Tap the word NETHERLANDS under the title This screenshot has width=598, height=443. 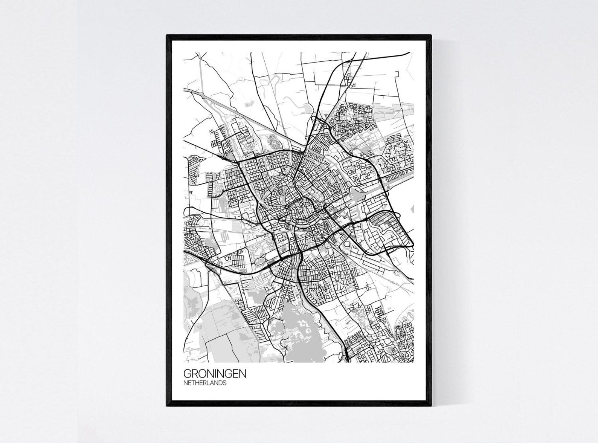coord(205,383)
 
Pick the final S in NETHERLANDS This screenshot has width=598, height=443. coord(225,383)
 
